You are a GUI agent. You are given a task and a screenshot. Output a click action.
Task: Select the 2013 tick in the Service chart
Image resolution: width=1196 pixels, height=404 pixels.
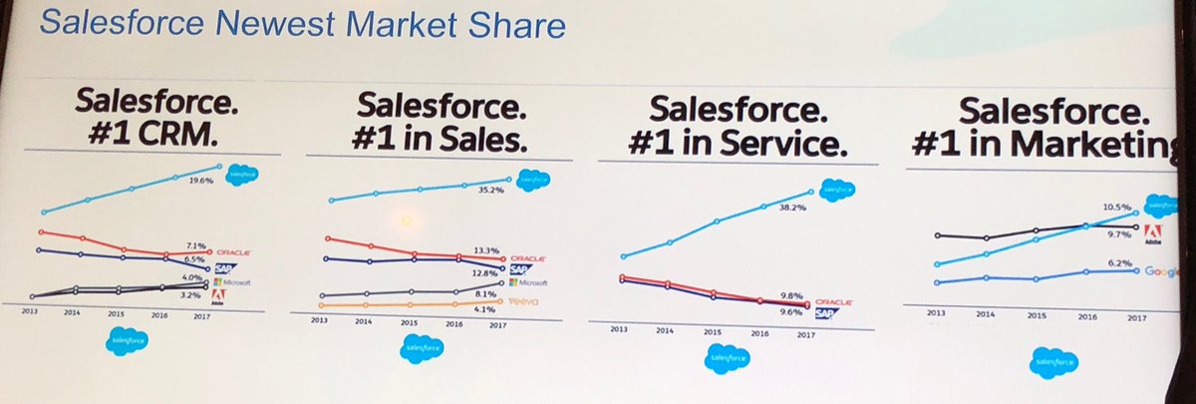(620, 329)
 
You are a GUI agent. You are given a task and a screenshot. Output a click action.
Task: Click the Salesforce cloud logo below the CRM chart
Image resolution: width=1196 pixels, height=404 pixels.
(128, 340)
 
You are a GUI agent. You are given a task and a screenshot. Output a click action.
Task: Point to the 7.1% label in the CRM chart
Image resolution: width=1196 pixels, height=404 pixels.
(196, 244)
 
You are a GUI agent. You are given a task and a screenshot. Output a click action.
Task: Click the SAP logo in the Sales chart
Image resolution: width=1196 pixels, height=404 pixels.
(520, 269)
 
